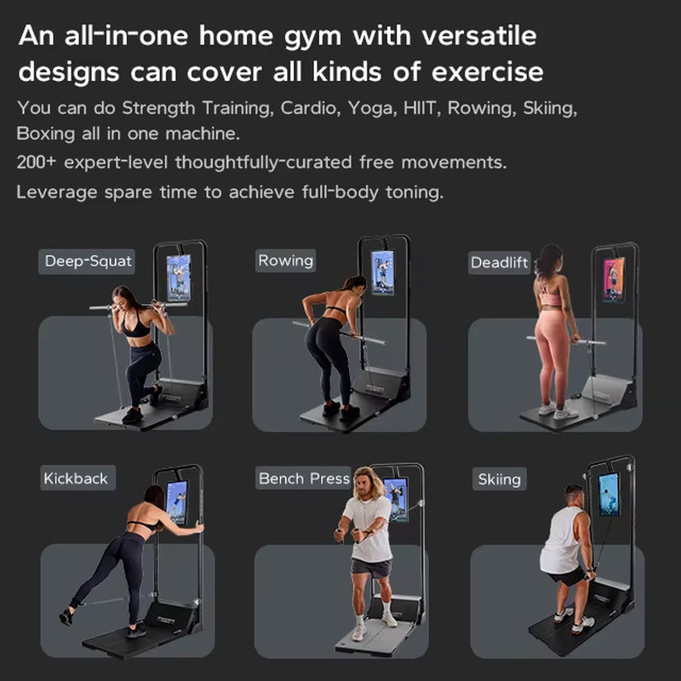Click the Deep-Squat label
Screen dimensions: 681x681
coord(88,260)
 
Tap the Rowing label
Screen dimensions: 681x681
coord(286,260)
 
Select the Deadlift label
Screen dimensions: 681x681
coord(500,262)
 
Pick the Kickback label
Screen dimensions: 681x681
coord(76,478)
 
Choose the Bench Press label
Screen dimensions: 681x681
coord(304,478)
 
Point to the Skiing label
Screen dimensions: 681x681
coord(499,479)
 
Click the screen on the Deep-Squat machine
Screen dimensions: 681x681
coord(178,278)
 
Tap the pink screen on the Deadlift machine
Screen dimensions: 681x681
coord(614,280)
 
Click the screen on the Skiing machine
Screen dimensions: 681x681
coord(609,495)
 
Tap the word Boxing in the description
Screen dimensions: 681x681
coord(45,134)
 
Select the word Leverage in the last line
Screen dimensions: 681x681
coord(56,192)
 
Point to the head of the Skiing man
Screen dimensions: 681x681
coord(575,494)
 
